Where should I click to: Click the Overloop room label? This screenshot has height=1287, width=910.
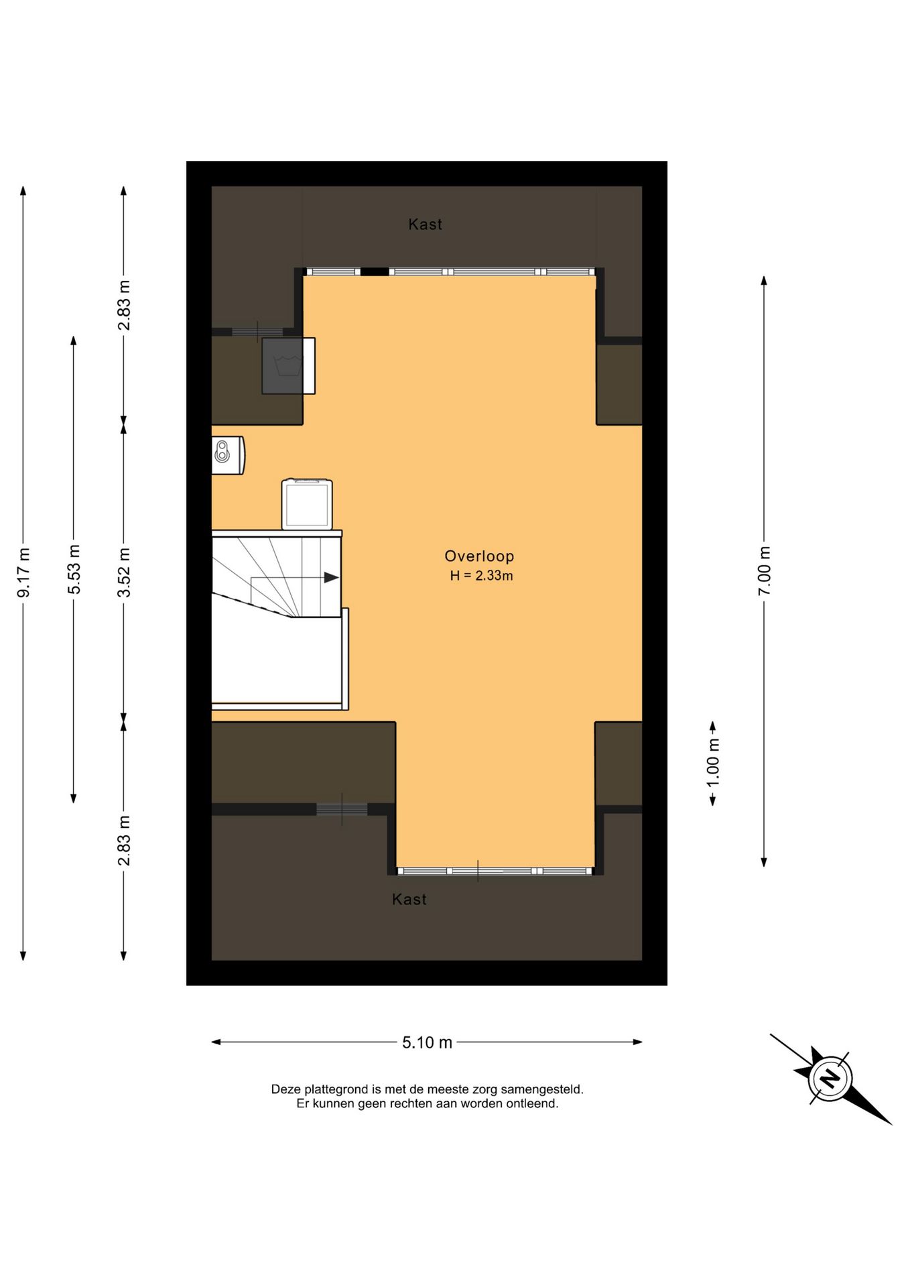[479, 556]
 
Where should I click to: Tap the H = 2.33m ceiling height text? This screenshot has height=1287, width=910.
[481, 576]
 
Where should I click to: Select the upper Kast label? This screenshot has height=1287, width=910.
[425, 225]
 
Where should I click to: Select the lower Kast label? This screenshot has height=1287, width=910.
[409, 900]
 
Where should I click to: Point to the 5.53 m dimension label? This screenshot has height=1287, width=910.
[74, 569]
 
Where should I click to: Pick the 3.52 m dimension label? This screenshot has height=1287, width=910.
[124, 572]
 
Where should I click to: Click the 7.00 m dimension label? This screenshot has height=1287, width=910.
[765, 570]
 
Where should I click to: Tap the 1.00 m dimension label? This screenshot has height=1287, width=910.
[713, 763]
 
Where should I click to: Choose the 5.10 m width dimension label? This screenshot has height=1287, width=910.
[427, 1042]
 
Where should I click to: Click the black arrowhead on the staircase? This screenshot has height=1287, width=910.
[331, 577]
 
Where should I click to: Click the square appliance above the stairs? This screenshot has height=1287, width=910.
[307, 504]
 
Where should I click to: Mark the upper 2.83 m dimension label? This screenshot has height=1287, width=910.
[124, 305]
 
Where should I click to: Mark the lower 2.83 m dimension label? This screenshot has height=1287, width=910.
[124, 841]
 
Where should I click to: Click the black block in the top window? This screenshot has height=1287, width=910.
[375, 271]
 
